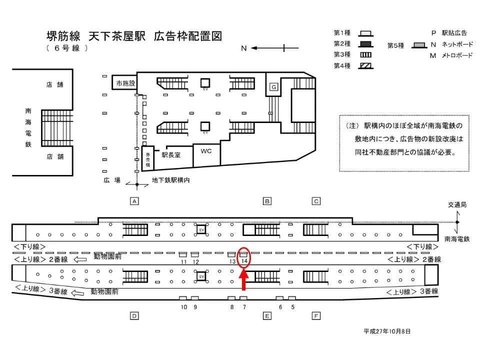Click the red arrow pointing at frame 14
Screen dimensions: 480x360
point(243,279)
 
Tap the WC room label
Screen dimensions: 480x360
point(206,151)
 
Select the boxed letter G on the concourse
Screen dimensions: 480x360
point(273,87)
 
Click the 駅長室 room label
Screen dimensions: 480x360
point(171,155)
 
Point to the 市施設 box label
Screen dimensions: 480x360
point(125,83)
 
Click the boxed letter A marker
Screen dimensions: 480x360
point(134,201)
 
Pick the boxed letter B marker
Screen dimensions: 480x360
point(267,201)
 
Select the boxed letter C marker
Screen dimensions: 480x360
point(316,201)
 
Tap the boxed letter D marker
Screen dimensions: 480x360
point(134,316)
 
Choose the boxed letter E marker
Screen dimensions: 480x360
point(267,316)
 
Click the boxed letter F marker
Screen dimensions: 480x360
point(316,316)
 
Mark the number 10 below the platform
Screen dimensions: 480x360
point(183,307)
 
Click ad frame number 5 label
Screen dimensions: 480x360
point(293,307)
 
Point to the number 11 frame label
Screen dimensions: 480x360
point(183,261)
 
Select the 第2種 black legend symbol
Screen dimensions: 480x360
point(366,44)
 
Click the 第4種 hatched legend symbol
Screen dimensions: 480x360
point(366,66)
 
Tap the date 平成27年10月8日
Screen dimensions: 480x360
point(387,331)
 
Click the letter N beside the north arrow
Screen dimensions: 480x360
point(243,48)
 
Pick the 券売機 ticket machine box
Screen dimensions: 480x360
point(148,158)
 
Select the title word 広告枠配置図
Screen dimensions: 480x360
point(188,36)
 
